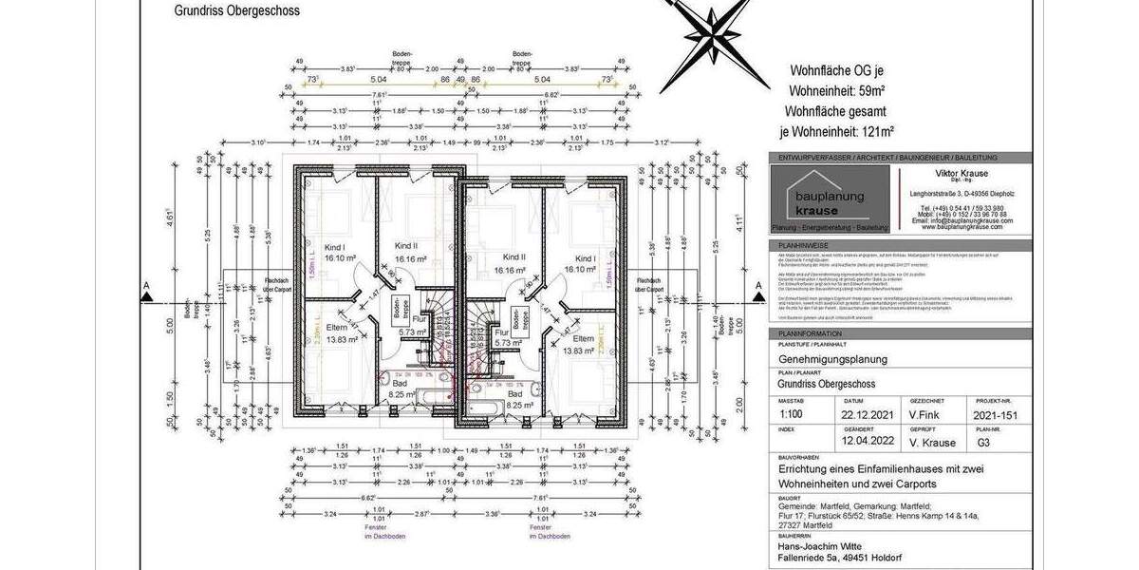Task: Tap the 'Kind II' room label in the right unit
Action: (513, 257)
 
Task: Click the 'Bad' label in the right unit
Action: (514, 393)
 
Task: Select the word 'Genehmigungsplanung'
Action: (833, 360)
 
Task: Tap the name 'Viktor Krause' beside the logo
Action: (961, 174)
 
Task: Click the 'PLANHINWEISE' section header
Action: (799, 244)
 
